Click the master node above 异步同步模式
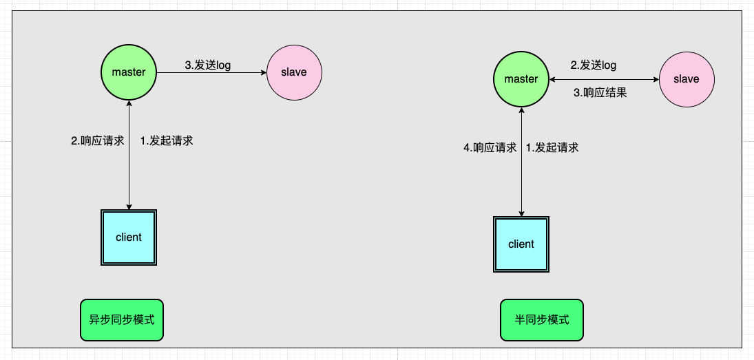(129, 72)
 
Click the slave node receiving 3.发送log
(294, 72)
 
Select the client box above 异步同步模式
(129, 237)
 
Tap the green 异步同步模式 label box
(122, 320)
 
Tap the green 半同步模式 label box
(542, 320)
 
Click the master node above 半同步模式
(521, 79)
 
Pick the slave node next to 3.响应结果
(687, 79)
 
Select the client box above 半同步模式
(521, 244)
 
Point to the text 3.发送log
(208, 65)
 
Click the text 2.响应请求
(98, 141)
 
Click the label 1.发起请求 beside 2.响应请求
(167, 141)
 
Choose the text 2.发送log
(594, 65)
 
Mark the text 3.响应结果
(600, 93)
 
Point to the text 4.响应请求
(490, 147)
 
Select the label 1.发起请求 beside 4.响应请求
(552, 147)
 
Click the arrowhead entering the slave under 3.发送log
(263, 72)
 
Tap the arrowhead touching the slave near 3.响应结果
(656, 79)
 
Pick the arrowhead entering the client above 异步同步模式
(129, 207)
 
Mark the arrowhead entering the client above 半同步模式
(521, 213)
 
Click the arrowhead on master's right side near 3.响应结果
(552, 79)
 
